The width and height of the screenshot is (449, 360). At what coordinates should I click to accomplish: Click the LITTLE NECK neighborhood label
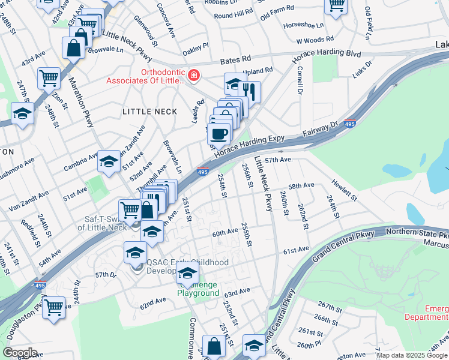click(149, 112)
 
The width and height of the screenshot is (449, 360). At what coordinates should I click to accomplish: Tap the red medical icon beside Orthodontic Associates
click(193, 76)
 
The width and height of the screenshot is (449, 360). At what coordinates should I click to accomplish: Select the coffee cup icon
click(219, 133)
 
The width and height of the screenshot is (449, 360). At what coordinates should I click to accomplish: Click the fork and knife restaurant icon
click(250, 91)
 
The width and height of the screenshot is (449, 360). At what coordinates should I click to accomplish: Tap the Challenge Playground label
click(197, 288)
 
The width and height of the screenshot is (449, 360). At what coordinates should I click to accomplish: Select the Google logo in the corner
click(20, 352)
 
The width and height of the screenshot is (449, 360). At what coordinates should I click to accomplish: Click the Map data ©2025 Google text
click(411, 355)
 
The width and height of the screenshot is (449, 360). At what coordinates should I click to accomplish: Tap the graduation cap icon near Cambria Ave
click(109, 160)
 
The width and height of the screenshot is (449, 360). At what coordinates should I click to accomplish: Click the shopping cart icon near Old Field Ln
click(336, 5)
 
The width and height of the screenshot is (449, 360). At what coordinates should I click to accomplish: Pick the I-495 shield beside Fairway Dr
click(351, 124)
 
